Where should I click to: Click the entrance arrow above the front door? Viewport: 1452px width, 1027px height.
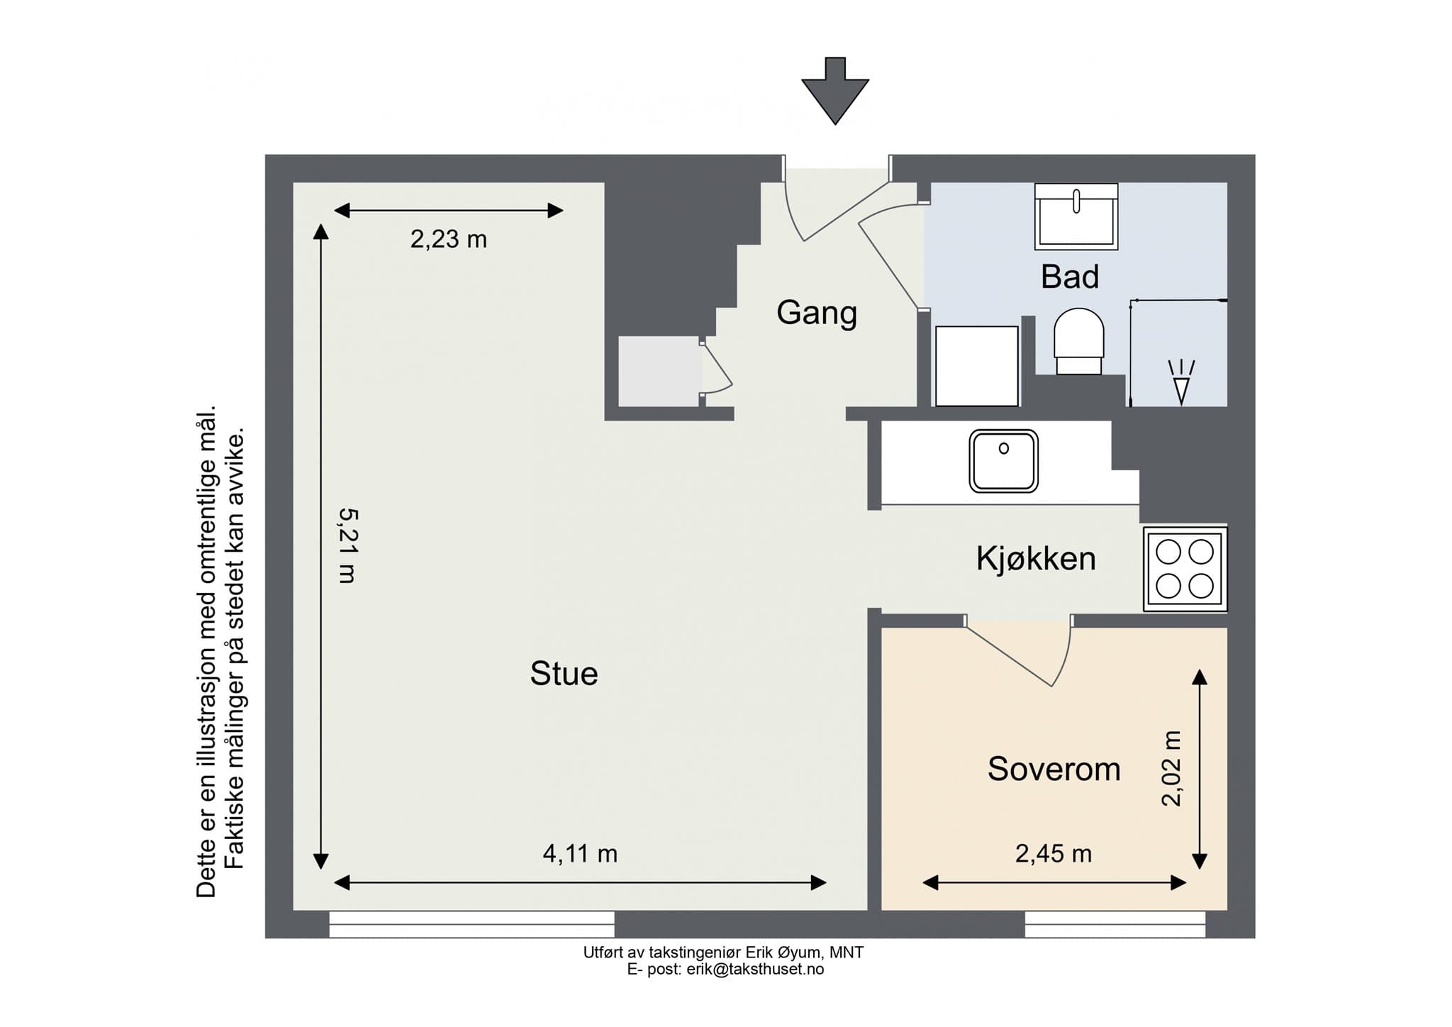pyautogui.click(x=835, y=91)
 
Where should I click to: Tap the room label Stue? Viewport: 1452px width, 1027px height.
pyautogui.click(x=564, y=674)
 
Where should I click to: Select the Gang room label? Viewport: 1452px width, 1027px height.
pyautogui.click(x=817, y=313)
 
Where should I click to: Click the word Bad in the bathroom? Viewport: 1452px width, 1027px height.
pyautogui.click(x=1069, y=277)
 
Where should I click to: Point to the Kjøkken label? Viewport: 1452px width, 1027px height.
pyautogui.click(x=1036, y=559)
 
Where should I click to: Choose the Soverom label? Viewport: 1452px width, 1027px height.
pyautogui.click(x=1054, y=769)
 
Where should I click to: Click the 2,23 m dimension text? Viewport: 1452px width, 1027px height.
pyautogui.click(x=448, y=240)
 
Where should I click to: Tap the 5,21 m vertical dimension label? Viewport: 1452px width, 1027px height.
pyautogui.click(x=347, y=545)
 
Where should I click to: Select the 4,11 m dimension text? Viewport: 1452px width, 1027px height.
pyautogui.click(x=580, y=854)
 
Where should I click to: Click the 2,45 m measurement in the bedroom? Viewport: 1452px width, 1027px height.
pyautogui.click(x=1053, y=854)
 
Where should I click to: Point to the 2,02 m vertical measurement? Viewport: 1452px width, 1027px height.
pyautogui.click(x=1172, y=769)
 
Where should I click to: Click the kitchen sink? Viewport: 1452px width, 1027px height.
pyautogui.click(x=1003, y=461)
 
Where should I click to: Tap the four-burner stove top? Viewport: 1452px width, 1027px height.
pyautogui.click(x=1185, y=569)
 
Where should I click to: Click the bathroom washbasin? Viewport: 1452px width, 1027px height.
pyautogui.click(x=1076, y=216)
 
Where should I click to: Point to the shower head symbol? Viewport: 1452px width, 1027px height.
pyautogui.click(x=1181, y=383)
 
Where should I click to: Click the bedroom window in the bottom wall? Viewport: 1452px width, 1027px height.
pyautogui.click(x=1115, y=924)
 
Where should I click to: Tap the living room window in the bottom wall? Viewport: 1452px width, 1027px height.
pyautogui.click(x=471, y=924)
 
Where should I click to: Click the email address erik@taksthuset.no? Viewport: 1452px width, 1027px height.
pyautogui.click(x=755, y=970)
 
